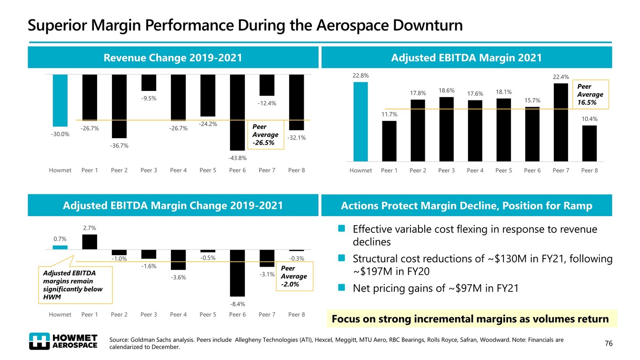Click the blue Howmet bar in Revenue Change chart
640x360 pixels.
click(60, 100)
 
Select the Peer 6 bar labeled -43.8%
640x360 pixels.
click(237, 112)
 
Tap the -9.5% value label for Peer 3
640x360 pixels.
click(149, 99)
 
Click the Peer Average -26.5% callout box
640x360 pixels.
click(265, 134)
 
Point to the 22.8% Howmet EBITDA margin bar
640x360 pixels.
click(360, 121)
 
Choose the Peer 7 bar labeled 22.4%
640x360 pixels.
click(560, 122)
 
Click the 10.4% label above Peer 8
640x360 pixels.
click(589, 119)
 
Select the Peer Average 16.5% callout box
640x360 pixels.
click(590, 94)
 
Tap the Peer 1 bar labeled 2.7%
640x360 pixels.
click(90, 242)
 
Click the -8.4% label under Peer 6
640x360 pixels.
click(237, 304)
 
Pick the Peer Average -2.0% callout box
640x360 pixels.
click(293, 276)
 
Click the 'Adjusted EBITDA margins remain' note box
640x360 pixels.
click(75, 285)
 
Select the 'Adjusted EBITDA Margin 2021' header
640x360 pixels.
click(466, 58)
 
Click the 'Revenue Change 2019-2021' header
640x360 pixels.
click(173, 58)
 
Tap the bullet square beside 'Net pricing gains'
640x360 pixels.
click(341, 287)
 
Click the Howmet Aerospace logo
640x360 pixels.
click(63, 341)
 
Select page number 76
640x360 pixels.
click(608, 343)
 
